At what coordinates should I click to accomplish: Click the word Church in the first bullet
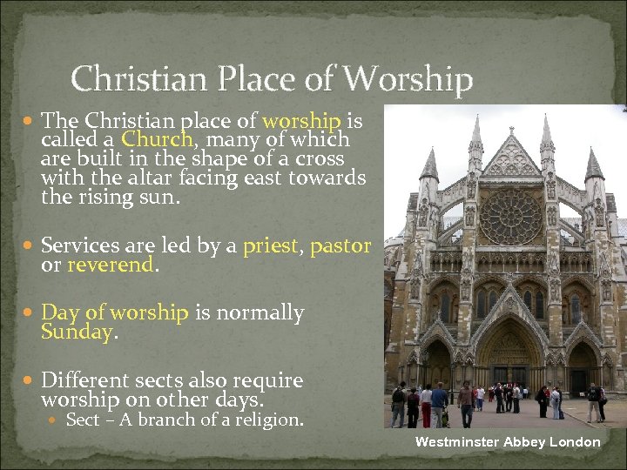(158, 139)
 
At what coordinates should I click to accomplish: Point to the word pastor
(340, 245)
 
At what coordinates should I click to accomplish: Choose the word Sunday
(76, 332)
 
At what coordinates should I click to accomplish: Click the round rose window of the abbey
(511, 217)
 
